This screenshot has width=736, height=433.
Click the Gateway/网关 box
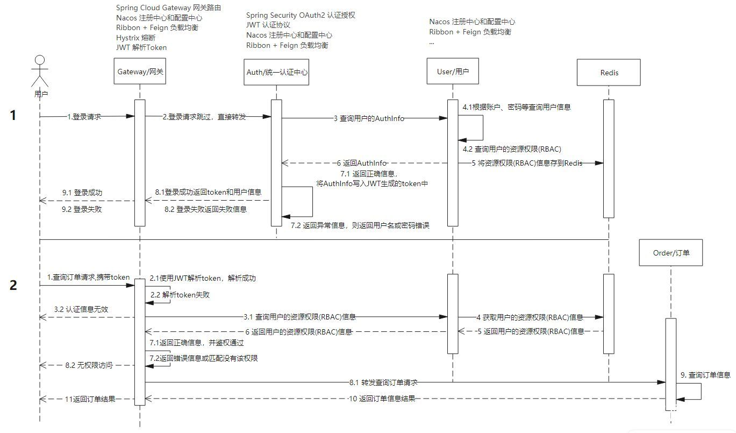coord(140,72)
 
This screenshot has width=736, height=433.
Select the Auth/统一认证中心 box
coord(276,72)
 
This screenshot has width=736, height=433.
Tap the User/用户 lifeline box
coord(453,72)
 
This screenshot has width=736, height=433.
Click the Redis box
coord(609,73)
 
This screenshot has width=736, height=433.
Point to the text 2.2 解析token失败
coord(180,295)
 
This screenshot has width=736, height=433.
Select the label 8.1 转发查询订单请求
coord(383,382)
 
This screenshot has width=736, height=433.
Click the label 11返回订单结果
coord(90,399)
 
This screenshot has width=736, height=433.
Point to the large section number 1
coord(13,115)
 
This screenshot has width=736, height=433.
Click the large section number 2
coord(13,285)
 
